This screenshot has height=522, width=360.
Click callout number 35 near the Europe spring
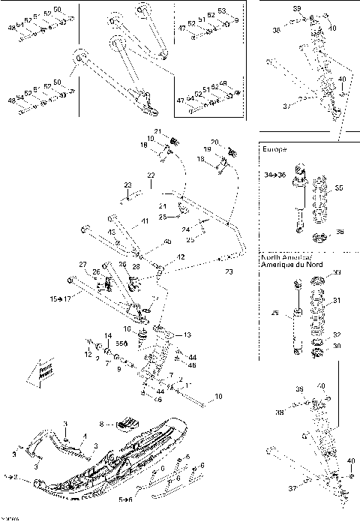point(338,189)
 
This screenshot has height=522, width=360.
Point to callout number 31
point(336,301)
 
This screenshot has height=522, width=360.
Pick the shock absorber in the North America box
point(297,319)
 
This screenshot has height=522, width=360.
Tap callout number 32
point(336,334)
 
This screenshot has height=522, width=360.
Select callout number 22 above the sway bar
point(151,175)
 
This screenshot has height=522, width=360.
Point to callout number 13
point(187,334)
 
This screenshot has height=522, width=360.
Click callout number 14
point(107,335)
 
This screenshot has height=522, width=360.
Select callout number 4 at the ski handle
point(85,435)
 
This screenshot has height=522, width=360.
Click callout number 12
point(88,353)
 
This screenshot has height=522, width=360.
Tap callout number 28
point(136,267)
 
